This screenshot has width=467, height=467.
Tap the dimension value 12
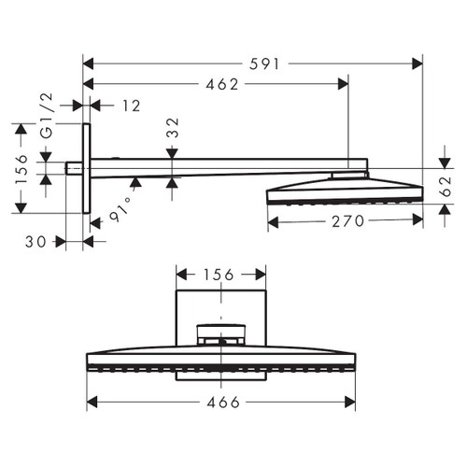click(x=130, y=106)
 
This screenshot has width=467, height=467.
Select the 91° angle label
click(x=122, y=206)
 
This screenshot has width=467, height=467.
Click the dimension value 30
click(x=35, y=241)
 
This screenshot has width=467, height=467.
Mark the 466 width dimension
click(x=221, y=403)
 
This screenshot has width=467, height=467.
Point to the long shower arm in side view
click(x=215, y=166)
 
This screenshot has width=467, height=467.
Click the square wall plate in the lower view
click(x=221, y=308)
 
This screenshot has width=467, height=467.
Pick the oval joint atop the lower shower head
click(x=221, y=333)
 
